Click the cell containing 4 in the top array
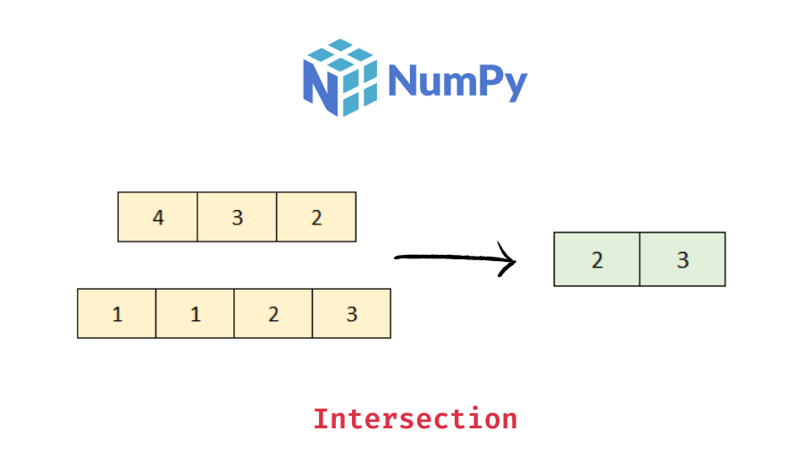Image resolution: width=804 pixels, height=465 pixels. (x=158, y=217)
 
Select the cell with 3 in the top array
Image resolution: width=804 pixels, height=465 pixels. (x=237, y=217)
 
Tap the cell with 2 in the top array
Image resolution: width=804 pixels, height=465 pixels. (x=316, y=217)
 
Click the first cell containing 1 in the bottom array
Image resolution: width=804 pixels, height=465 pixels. (x=117, y=314)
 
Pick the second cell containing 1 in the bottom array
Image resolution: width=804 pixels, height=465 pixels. (x=196, y=314)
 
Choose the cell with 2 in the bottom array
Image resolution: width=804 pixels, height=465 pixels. (x=273, y=314)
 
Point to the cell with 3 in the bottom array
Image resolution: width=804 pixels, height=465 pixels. (x=351, y=314)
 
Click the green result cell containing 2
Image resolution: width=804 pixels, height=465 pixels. (x=597, y=260)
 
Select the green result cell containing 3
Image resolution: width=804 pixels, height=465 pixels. (x=683, y=260)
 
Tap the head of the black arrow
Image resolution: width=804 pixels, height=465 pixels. (x=514, y=261)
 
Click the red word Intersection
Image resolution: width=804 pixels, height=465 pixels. (x=415, y=418)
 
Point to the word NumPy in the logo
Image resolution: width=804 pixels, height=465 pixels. (x=458, y=81)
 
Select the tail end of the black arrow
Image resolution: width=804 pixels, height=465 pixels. (x=398, y=258)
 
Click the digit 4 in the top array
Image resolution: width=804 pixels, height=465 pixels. (x=158, y=217)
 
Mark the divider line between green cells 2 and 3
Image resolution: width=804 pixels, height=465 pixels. (x=640, y=260)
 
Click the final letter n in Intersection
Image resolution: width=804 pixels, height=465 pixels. (x=509, y=419)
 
